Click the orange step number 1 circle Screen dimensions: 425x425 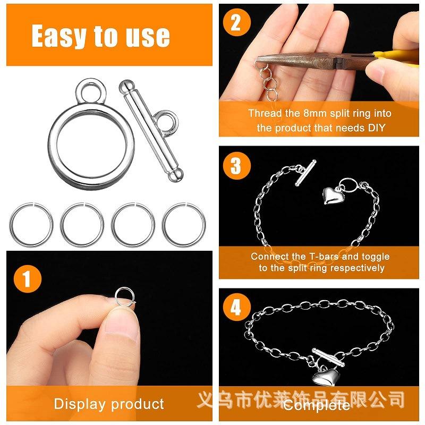28,278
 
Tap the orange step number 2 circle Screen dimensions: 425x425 236,22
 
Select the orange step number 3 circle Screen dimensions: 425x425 236,166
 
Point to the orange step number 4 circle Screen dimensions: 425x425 236,307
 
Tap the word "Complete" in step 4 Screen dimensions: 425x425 317,405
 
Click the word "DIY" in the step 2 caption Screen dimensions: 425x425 376,127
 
